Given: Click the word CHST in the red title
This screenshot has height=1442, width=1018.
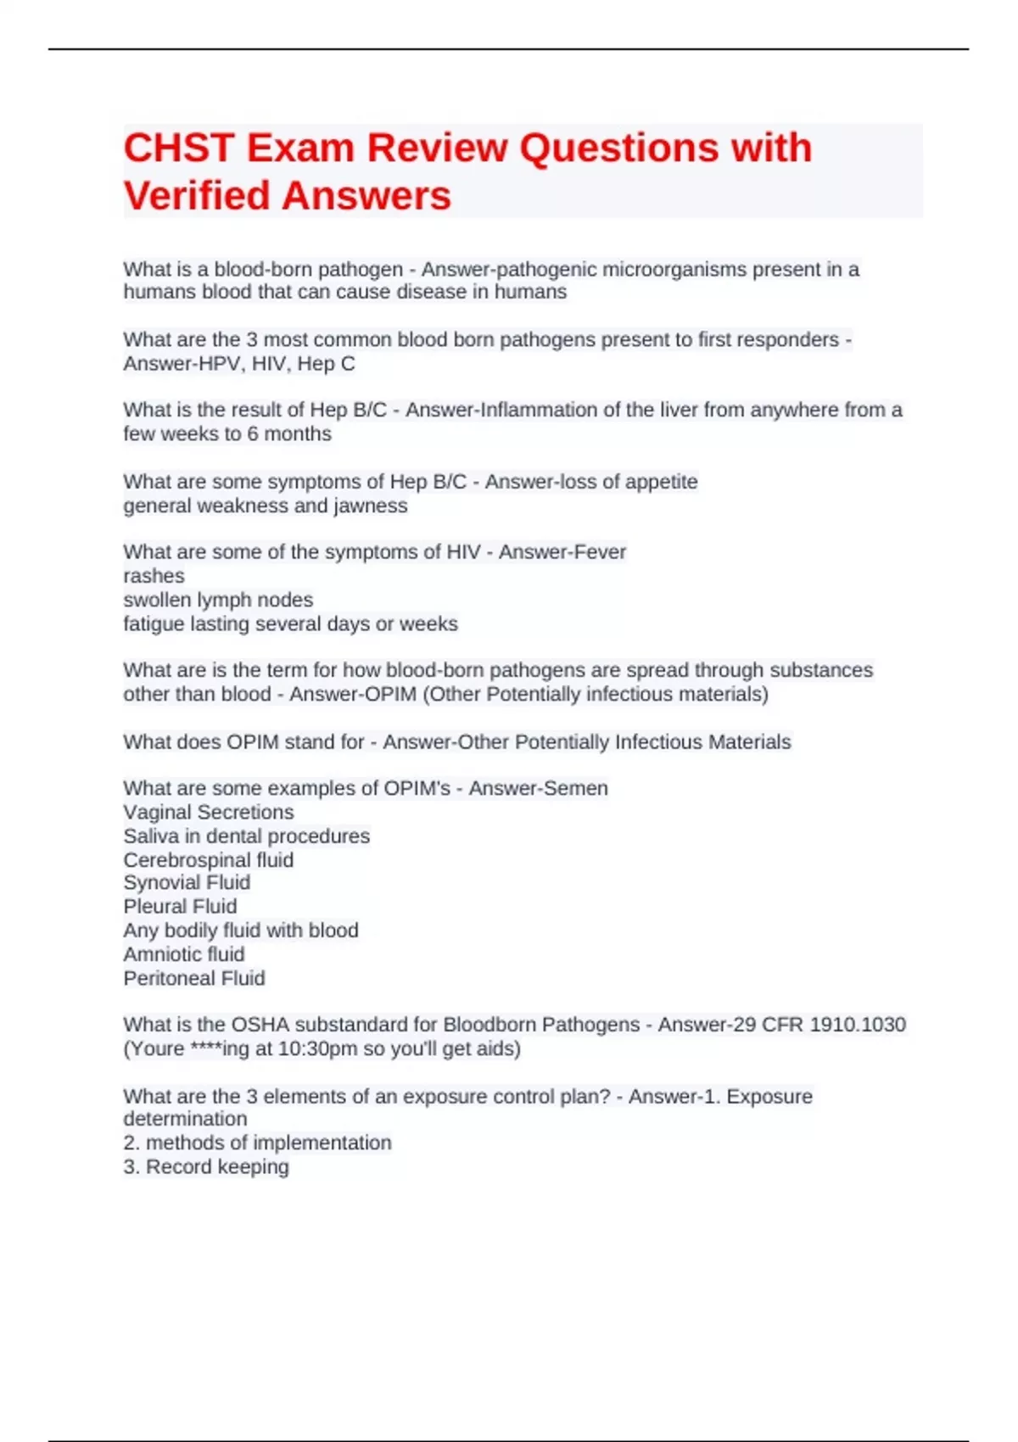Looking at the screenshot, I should tap(179, 148).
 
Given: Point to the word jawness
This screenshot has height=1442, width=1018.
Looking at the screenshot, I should tap(371, 506).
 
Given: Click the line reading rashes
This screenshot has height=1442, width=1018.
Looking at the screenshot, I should tap(154, 576).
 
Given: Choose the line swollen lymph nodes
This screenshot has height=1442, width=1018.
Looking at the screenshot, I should tap(218, 600).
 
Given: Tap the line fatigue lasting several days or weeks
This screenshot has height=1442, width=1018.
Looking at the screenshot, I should tap(290, 624).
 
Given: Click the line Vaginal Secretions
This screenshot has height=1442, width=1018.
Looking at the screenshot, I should tap(209, 812).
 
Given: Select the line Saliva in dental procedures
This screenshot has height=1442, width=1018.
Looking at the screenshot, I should tap(246, 836).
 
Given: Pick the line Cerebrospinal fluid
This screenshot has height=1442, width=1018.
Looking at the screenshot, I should tap(209, 860).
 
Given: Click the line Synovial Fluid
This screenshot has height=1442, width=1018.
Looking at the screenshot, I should tap(187, 883).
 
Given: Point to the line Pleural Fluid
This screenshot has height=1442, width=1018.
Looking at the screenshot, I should tap(180, 907).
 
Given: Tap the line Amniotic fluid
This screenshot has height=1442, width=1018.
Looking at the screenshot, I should tap(184, 954).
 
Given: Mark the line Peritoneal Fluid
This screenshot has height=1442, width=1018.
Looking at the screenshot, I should tap(194, 979).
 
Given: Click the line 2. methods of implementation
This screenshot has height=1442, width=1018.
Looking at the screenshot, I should tap(257, 1143).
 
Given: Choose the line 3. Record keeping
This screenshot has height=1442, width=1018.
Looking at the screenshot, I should tap(206, 1167).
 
